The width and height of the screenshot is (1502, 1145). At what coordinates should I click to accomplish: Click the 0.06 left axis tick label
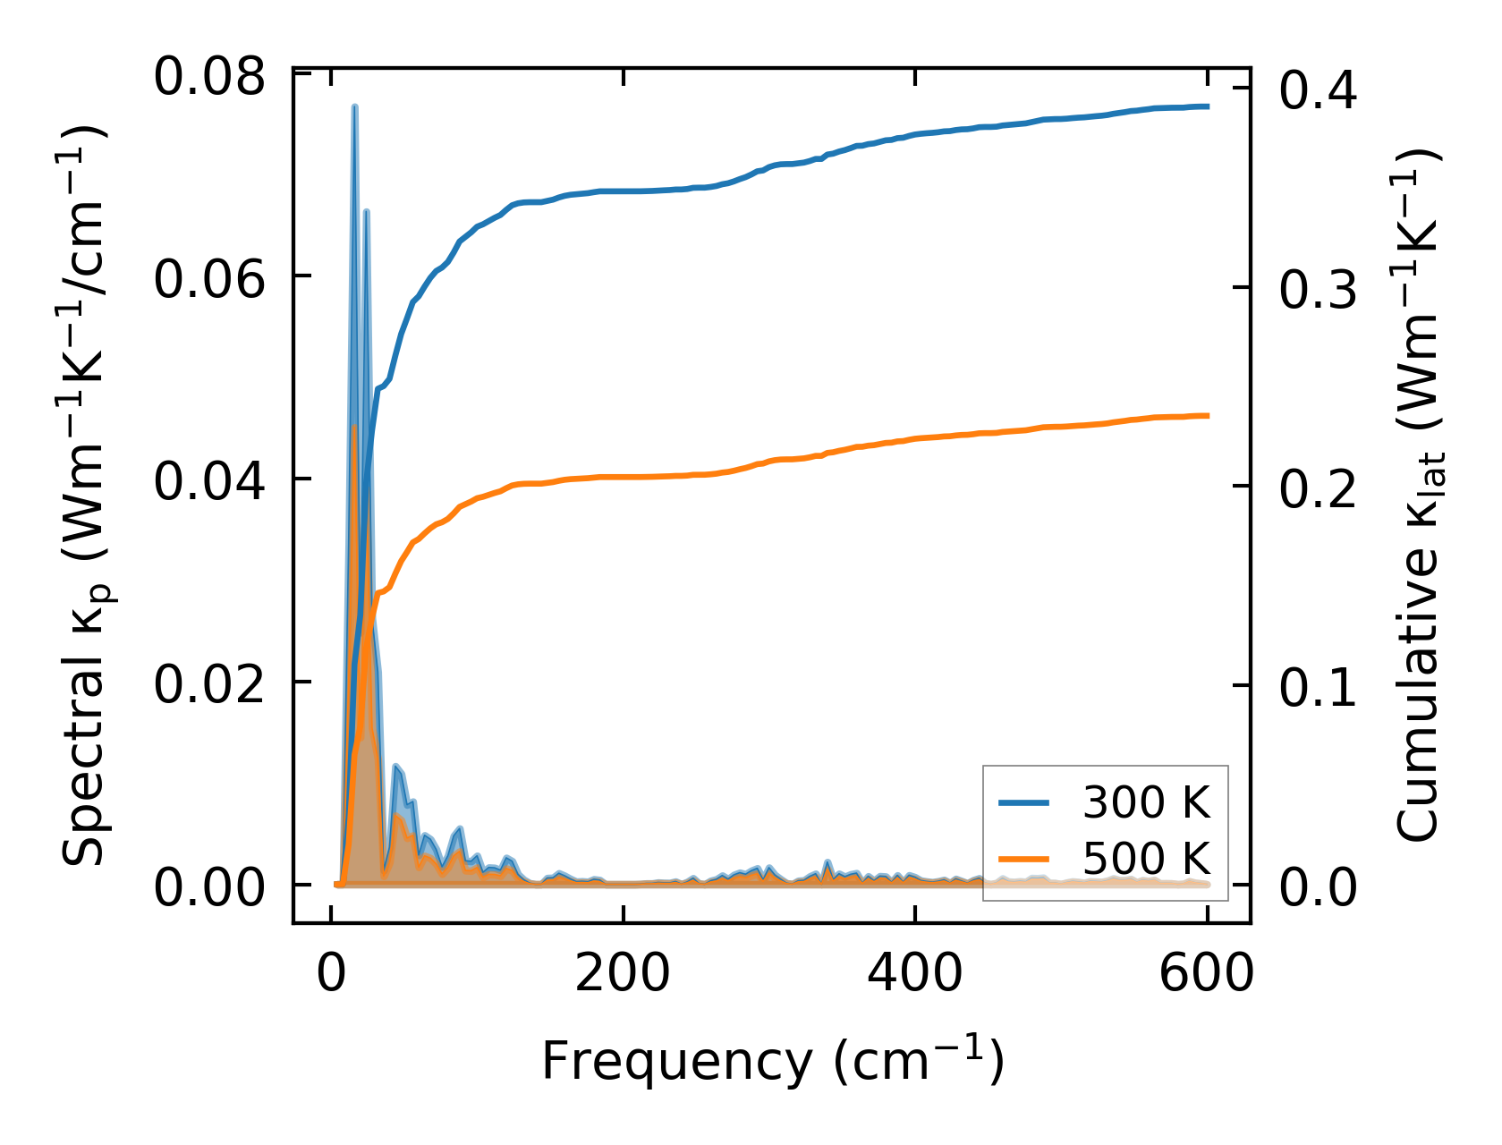click(209, 279)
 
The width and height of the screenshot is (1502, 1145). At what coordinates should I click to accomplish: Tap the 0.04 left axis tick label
click(209, 482)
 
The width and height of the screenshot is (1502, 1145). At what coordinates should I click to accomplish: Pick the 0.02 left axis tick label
click(209, 685)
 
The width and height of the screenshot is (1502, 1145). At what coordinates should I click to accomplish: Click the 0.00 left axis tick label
click(209, 888)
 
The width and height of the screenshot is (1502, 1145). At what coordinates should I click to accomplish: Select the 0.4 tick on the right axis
click(1319, 90)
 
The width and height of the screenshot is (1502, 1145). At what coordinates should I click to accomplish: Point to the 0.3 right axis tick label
click(1319, 290)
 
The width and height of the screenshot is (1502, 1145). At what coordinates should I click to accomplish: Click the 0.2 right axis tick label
click(1319, 489)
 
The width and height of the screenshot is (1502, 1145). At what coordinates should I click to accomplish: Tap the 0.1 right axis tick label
click(1319, 689)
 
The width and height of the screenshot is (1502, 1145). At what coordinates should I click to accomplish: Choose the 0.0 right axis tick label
click(1319, 888)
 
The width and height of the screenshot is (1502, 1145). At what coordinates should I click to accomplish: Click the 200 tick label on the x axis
click(623, 973)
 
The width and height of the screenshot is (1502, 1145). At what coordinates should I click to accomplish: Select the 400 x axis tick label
click(914, 973)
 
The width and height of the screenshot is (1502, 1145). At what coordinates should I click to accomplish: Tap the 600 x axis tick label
click(1206, 973)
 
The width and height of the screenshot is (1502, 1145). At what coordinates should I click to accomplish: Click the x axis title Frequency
click(772, 1062)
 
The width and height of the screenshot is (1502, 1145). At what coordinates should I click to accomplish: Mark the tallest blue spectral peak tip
click(355, 106)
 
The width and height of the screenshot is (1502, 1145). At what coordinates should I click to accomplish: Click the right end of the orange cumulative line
click(1208, 415)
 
